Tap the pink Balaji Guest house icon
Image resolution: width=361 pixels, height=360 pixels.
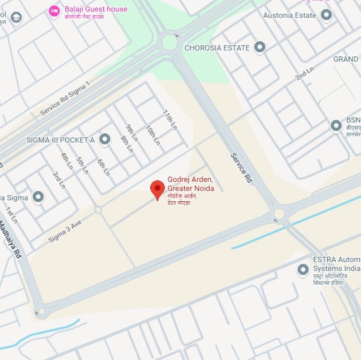pyautogui.click(x=54, y=11)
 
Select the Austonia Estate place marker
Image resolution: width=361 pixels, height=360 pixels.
pyautogui.click(x=326, y=15)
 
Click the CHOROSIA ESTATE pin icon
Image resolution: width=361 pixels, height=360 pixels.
pyautogui.click(x=260, y=47)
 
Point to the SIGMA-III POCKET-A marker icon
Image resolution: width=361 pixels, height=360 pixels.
pyautogui.click(x=105, y=140)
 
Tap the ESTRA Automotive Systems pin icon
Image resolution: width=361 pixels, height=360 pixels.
pyautogui.click(x=303, y=269)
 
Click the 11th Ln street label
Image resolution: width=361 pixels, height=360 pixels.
pyautogui.click(x=170, y=120)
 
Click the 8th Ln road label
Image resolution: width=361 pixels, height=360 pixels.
pyautogui.click(x=127, y=144)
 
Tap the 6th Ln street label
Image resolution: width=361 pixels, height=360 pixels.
pyautogui.click(x=103, y=167)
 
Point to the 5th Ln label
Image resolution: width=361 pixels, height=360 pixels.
pyautogui.click(x=82, y=165)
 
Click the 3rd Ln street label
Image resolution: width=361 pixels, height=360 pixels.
pyautogui.click(x=59, y=180)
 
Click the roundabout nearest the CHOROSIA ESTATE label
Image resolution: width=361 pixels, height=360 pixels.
pyautogui.click(x=169, y=42)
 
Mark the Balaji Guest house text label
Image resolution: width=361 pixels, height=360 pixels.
pyautogui.click(x=96, y=9)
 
